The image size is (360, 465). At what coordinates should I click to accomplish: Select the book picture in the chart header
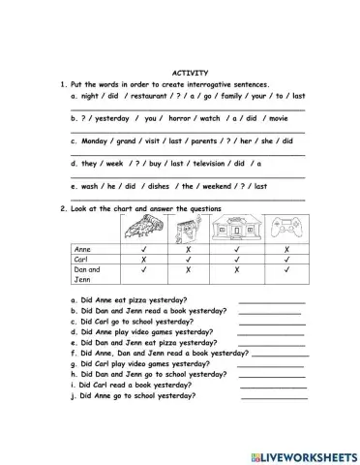[184, 230]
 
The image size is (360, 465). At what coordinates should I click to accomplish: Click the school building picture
[236, 229]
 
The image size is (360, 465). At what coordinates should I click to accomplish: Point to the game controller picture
[287, 230]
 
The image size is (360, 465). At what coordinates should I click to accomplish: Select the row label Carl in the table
[81, 260]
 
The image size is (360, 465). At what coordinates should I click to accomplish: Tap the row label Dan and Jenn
[86, 274]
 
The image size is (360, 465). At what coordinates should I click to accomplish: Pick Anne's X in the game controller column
[287, 249]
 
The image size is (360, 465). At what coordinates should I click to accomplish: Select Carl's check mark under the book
[184, 260]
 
